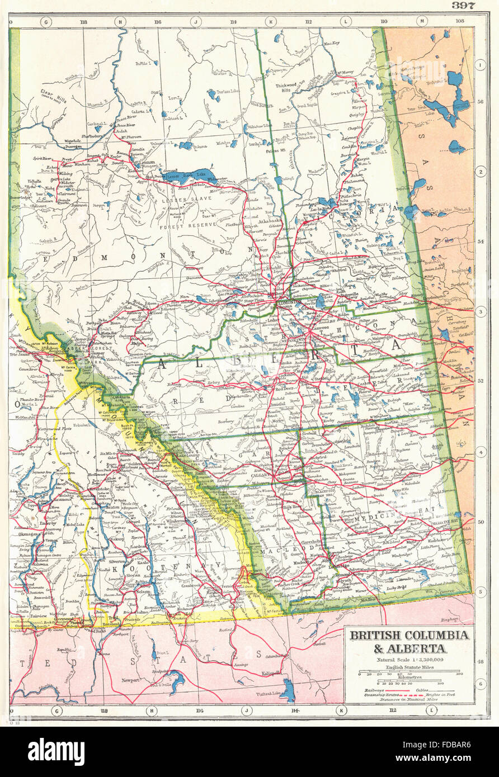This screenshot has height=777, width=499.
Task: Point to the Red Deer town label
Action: click(x=284, y=387)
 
